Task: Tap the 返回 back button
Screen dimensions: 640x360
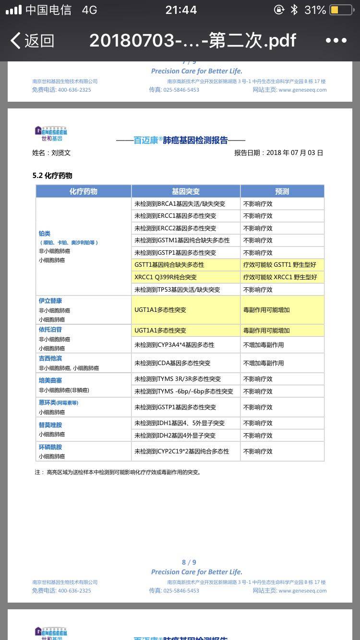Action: [32, 41]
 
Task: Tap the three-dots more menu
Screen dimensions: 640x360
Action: [336, 40]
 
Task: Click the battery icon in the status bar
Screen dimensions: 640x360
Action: [341, 10]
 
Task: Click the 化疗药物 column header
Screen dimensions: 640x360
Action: [84, 191]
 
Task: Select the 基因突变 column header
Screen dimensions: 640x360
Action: [186, 191]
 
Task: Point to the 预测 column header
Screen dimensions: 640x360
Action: [282, 191]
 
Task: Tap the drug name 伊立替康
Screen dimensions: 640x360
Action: [50, 301]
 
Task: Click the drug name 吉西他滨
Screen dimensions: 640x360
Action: [50, 358]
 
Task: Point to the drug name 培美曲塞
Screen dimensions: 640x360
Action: [50, 380]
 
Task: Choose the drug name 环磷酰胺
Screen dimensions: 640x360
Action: [50, 447]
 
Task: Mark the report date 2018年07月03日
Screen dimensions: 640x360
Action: [294, 153]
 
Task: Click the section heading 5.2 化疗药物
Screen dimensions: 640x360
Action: [52, 176]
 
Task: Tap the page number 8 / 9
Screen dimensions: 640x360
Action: [189, 562]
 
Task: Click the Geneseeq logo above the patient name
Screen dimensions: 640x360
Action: [51, 133]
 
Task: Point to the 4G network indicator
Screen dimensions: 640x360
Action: [89, 10]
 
